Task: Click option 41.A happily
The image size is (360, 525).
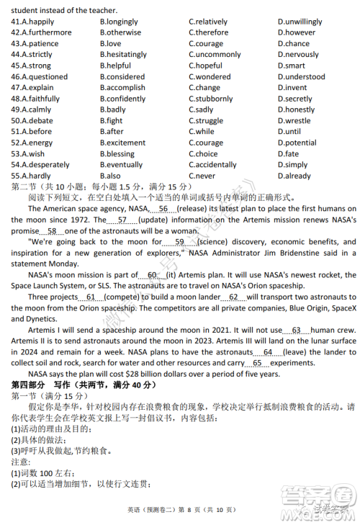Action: coord(32,22)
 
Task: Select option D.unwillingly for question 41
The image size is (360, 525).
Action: coord(300,22)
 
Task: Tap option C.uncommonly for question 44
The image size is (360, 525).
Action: coord(215,55)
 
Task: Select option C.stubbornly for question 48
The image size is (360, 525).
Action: coord(212,99)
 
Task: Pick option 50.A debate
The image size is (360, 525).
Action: coord(32,121)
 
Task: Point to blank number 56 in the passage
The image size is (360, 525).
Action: coord(163,209)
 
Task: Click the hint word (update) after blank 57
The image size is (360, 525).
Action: coord(153,220)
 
